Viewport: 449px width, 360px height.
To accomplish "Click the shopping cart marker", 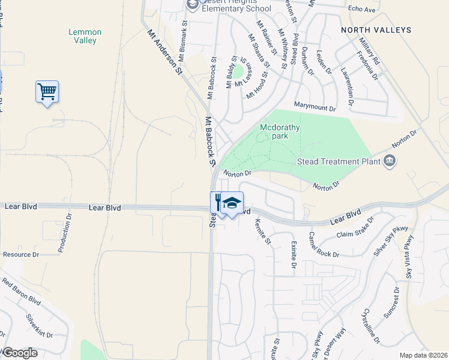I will pyautogui.click(x=47, y=92).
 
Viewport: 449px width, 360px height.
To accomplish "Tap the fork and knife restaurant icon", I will pyautogui.click(x=217, y=203).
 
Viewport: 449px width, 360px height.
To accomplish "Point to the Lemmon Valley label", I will pyautogui.click(x=85, y=36).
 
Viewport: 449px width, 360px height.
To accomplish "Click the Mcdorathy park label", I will pyautogui.click(x=280, y=131).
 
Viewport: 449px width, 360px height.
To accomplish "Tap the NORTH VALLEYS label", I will pyautogui.click(x=376, y=29).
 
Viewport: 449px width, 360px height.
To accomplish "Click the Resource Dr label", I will pyautogui.click(x=21, y=254).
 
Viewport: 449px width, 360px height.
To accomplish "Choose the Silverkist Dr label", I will pyautogui.click(x=39, y=326).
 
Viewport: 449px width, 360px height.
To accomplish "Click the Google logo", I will pyautogui.click(x=20, y=353).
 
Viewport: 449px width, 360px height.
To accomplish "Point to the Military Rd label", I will pyautogui.click(x=369, y=53).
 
